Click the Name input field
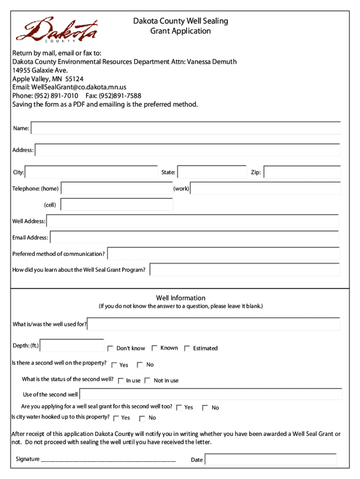point(186,128)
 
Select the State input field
point(212,172)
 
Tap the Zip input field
point(302,172)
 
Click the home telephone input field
point(117,189)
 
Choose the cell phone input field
point(117,205)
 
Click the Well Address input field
point(193,221)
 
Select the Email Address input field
point(194,238)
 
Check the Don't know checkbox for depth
point(110,348)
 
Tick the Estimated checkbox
point(187,348)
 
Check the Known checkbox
point(154,348)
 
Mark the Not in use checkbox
point(148,381)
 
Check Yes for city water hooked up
point(116,418)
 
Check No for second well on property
point(140,365)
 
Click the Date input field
point(271,459)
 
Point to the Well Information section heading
point(180,298)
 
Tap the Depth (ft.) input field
point(72,346)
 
